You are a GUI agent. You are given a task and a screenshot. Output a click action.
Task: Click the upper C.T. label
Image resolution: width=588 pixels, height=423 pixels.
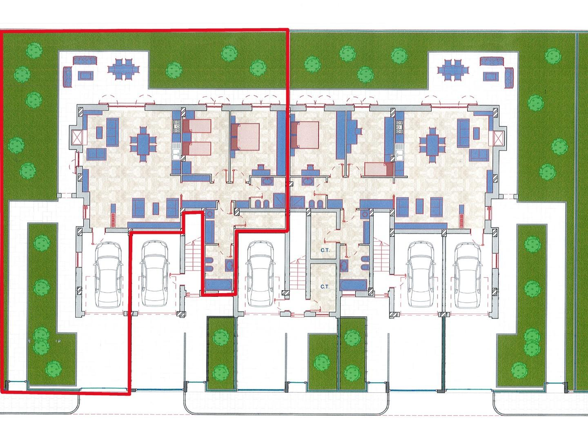(325, 250)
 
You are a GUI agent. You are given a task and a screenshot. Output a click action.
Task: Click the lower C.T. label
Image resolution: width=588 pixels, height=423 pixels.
(325, 287)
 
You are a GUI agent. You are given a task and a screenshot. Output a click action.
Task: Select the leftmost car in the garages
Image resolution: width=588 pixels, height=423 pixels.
(108, 274)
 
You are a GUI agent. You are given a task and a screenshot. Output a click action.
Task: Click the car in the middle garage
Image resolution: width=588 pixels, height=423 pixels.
(261, 274)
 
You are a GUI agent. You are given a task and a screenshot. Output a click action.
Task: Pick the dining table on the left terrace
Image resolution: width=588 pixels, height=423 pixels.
(123, 69)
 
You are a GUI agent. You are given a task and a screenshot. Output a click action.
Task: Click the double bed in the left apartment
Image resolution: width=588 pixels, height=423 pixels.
(245, 137)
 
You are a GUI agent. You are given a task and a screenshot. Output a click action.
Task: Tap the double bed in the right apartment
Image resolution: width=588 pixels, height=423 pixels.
(305, 135)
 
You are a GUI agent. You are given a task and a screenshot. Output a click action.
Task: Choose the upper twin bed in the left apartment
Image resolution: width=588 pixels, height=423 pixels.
(197, 126)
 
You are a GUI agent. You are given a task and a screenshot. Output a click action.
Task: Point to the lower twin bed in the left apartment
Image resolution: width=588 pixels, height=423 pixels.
(197, 149)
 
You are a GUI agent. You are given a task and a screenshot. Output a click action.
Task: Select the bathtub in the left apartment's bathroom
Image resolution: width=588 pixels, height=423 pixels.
(218, 285)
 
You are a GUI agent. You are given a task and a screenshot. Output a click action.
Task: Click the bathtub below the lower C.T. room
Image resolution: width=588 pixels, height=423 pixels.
(353, 285)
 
